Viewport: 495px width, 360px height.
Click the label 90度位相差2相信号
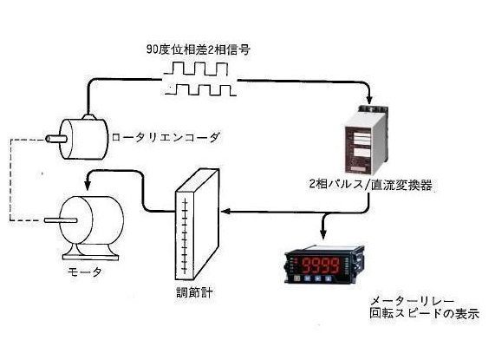(198, 49)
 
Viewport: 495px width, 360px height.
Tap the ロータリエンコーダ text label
(166, 138)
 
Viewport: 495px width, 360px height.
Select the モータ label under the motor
(85, 272)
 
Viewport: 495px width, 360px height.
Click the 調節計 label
(194, 292)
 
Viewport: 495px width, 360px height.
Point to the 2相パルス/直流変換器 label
(370, 185)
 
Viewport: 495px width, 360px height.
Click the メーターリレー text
(412, 301)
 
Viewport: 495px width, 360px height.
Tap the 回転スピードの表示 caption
(424, 313)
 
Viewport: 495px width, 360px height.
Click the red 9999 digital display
(322, 265)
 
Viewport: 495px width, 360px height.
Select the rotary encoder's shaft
(56, 139)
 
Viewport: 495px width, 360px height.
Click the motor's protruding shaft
(61, 220)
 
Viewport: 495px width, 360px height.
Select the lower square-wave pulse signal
(201, 89)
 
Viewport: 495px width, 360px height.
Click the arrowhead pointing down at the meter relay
(322, 234)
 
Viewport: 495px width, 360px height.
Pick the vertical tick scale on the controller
(185, 236)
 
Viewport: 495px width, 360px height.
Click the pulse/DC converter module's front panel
(358, 150)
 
